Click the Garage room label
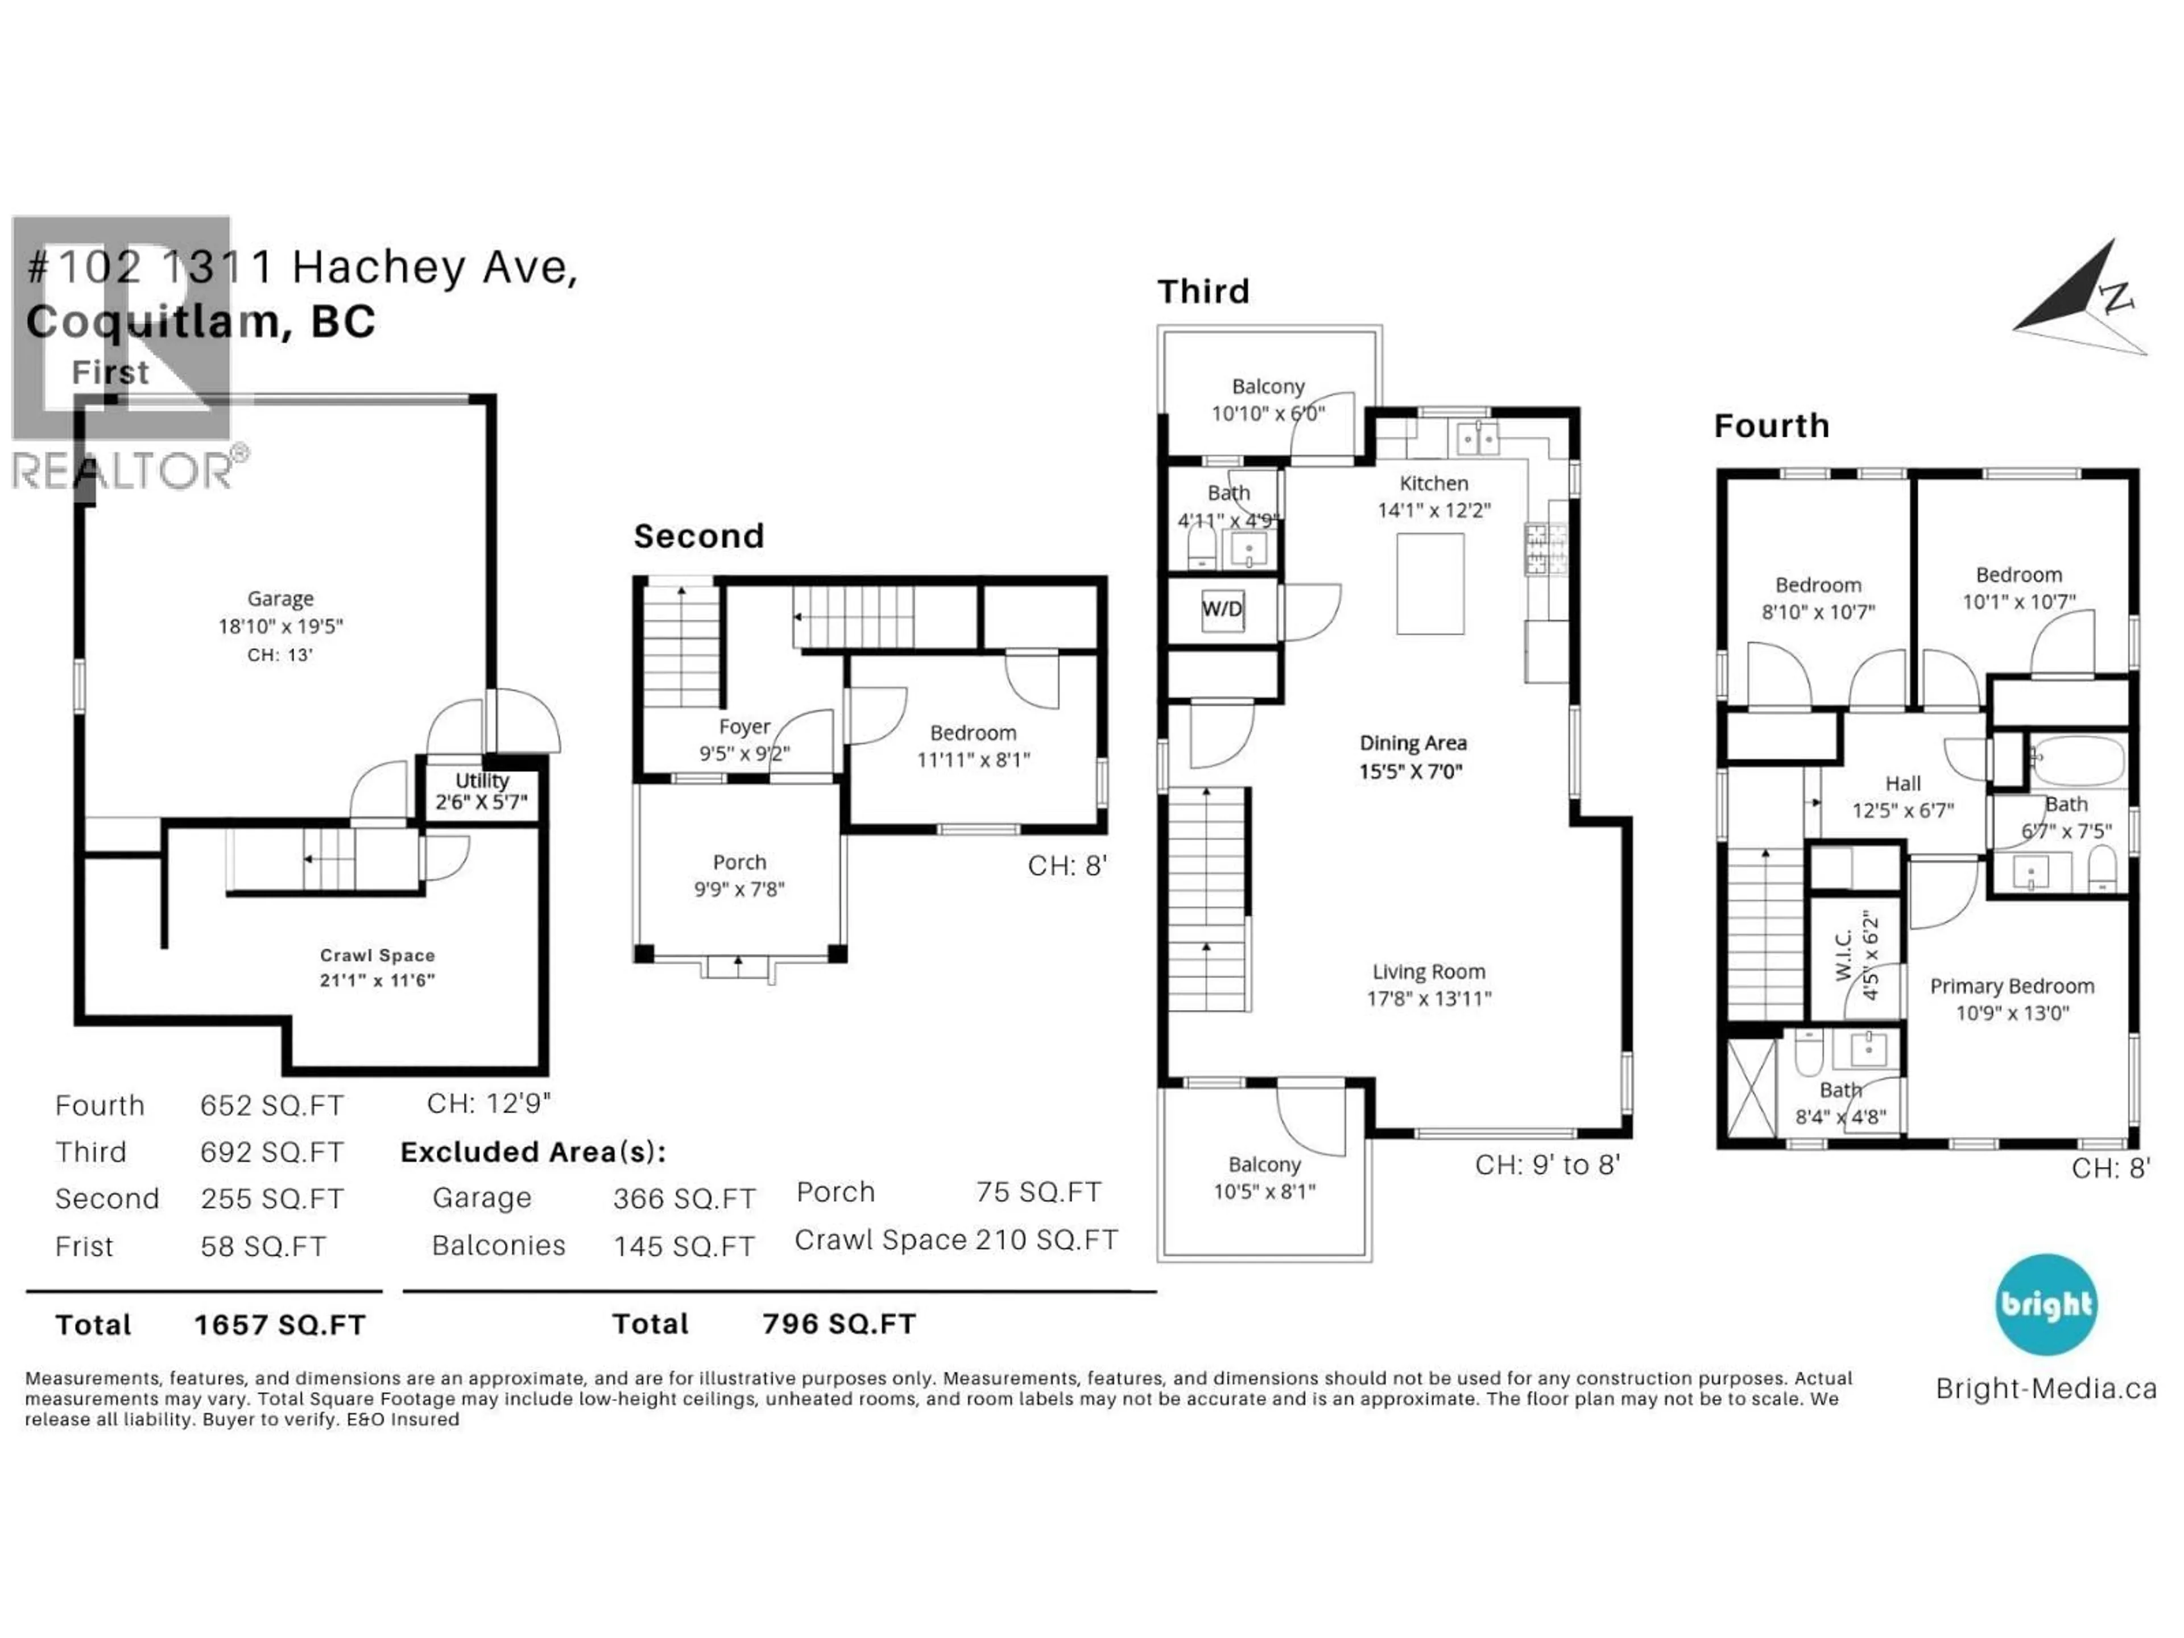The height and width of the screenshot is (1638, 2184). tap(280, 598)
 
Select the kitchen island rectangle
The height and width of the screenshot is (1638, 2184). tap(1430, 584)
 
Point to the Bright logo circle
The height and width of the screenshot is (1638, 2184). tap(2046, 1304)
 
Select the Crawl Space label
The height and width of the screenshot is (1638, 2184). tap(377, 955)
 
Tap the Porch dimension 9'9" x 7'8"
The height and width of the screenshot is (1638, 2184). tap(739, 888)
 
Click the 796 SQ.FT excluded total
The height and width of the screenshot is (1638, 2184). tap(839, 1324)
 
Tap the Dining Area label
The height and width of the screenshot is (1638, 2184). tap(1413, 742)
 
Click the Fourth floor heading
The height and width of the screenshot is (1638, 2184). tap(1771, 425)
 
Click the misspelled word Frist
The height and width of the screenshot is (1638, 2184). tap(85, 1246)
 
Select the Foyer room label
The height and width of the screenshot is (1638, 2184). tap(744, 727)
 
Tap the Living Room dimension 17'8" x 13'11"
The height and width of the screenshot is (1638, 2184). tap(1429, 998)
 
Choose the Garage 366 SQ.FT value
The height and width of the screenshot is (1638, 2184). tap(683, 1198)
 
